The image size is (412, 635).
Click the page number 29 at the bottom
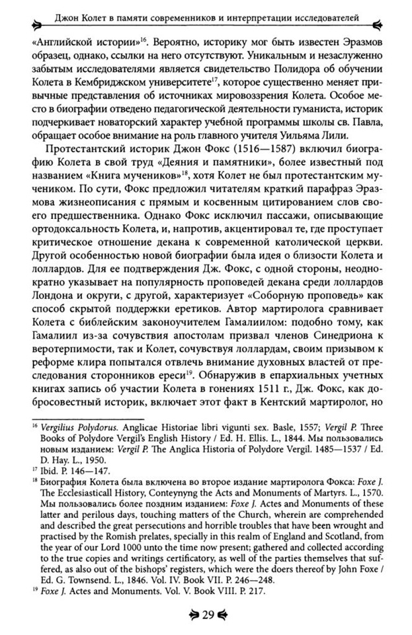coord(206,616)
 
